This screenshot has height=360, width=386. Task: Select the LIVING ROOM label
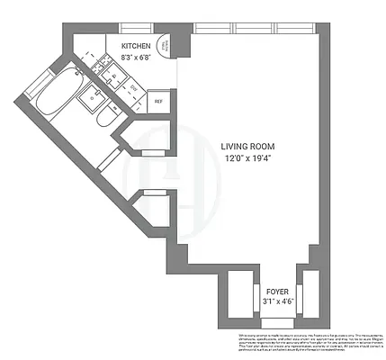tap(248, 146)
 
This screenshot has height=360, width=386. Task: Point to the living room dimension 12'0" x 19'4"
tap(248, 159)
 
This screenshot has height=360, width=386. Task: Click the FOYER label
tap(276, 292)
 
